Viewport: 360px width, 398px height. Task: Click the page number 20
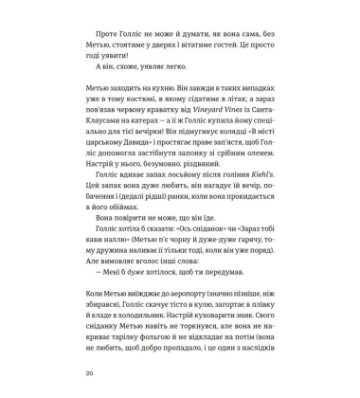pyautogui.click(x=88, y=374)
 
